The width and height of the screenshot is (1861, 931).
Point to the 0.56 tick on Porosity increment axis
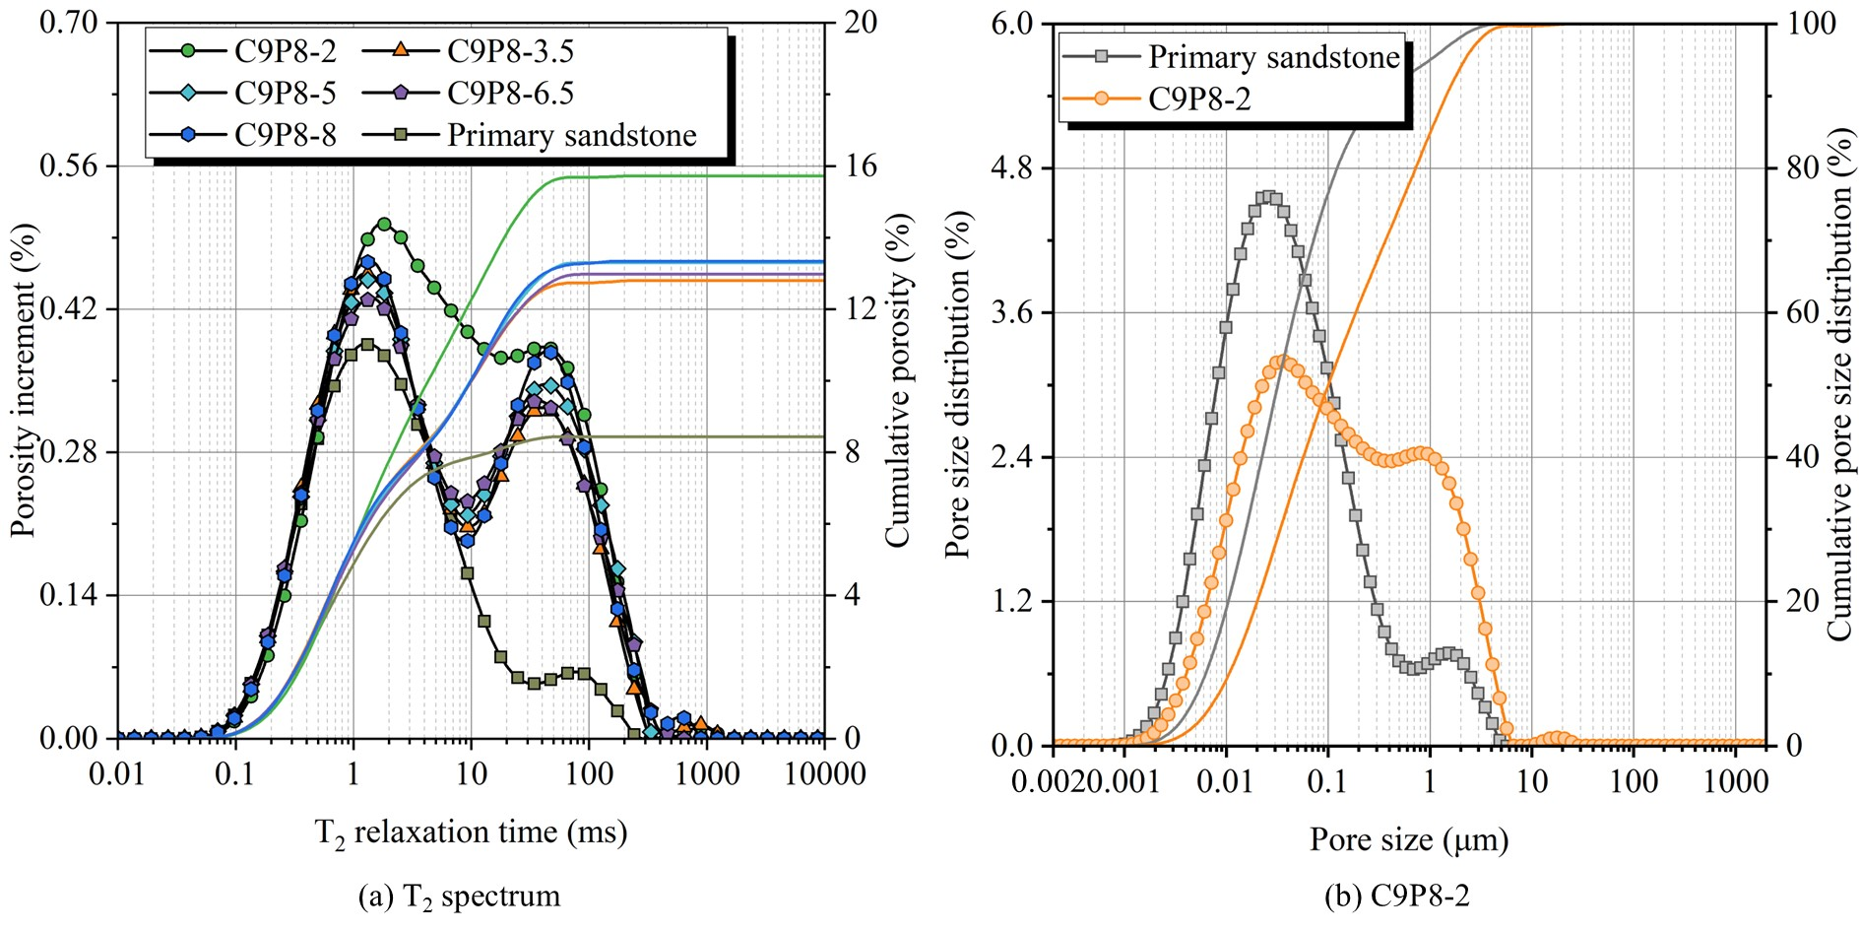pyautogui.click(x=69, y=166)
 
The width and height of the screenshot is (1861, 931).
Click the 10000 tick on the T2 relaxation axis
pyautogui.click(x=825, y=774)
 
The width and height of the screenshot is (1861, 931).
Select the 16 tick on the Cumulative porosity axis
pyautogui.click(x=861, y=166)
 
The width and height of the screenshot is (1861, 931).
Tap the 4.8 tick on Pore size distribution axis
pyautogui.click(x=1013, y=167)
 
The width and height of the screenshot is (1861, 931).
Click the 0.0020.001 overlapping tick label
pyautogui.click(x=1086, y=782)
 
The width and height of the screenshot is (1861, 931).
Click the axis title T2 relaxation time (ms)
pyautogui.click(x=471, y=833)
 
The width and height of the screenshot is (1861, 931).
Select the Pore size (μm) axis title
pyautogui.click(x=1409, y=840)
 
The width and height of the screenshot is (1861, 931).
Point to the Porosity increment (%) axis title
pyautogui.click(x=24, y=379)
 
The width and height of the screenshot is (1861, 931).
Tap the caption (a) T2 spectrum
pyautogui.click(x=460, y=898)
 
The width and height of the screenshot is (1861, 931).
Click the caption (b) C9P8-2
pyautogui.click(x=1397, y=897)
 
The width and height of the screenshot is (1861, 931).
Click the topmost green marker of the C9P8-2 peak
pyautogui.click(x=384, y=225)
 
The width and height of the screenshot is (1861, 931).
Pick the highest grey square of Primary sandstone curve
pyautogui.click(x=1268, y=197)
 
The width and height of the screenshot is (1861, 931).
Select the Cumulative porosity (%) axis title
pyautogui.click(x=897, y=379)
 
